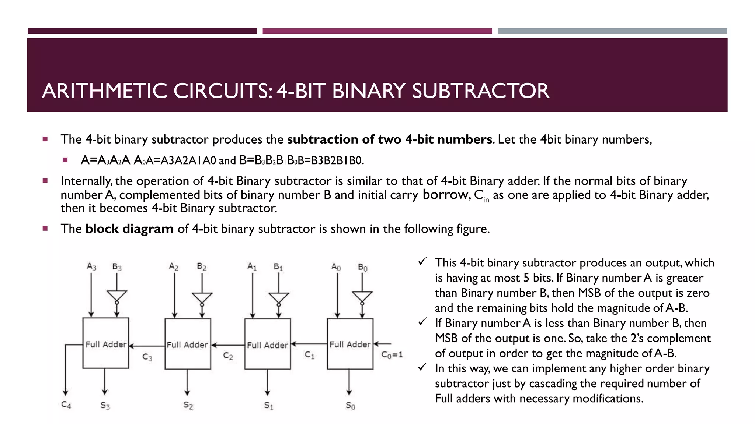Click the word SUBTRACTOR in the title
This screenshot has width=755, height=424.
[x=480, y=91]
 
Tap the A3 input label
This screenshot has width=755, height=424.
[x=91, y=266]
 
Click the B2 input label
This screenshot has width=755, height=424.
[x=202, y=266]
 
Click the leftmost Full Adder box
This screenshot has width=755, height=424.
[x=106, y=343]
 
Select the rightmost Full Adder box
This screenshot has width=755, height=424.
[x=350, y=344]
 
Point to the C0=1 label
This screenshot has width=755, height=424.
[x=392, y=354]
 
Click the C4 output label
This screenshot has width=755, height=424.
[x=66, y=405]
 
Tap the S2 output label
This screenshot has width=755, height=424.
[x=188, y=405]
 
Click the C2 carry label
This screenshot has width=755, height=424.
[x=228, y=356]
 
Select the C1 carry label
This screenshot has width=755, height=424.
[x=309, y=355]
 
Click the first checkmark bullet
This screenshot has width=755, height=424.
[x=422, y=262]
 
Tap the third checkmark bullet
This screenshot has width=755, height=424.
[x=422, y=367]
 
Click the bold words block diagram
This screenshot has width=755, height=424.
[x=129, y=229]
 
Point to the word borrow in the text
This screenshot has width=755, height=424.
[x=445, y=194]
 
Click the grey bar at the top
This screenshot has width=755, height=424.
[x=612, y=31]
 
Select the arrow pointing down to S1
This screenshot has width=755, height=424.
[x=268, y=383]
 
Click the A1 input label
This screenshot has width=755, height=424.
[x=252, y=266]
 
